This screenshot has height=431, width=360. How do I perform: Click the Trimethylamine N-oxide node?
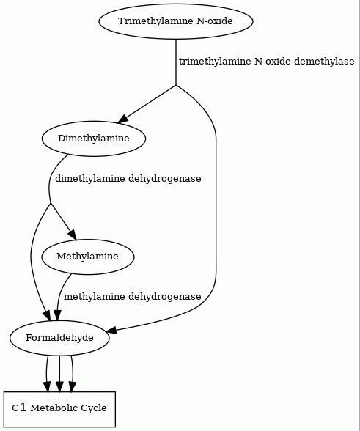pos(176,21)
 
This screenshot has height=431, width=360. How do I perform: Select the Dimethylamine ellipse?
pos(94,139)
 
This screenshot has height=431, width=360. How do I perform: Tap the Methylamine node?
pos(88,257)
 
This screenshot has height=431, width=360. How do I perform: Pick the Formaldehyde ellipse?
pos(59,338)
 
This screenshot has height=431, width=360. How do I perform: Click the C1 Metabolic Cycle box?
pos(59,409)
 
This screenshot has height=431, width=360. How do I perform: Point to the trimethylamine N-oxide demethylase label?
pos(266,62)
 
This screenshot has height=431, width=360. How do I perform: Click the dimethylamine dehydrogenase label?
pos(128,179)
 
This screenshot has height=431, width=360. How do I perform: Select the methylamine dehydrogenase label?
pos(132,297)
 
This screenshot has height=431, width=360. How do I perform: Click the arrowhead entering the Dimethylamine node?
pos(123,119)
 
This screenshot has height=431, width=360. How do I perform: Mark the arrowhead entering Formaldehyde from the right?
pos(111,330)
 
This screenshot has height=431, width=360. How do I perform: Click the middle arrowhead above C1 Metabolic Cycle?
pos(59,386)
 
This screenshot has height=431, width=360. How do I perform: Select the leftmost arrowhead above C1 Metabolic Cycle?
pos(47,386)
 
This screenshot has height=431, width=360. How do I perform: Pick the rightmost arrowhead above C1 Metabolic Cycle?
pos(72,386)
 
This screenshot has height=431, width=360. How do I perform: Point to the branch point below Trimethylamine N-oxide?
pos(176,85)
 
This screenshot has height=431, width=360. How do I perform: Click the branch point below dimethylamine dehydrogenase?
pos(51,203)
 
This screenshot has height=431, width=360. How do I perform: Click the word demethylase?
pos(324,62)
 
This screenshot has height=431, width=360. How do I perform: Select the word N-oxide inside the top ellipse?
pos(215,21)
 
